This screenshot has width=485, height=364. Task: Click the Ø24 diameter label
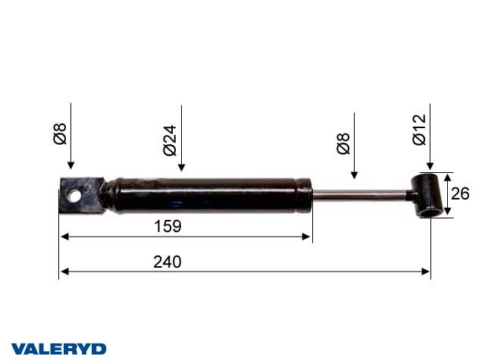(171, 140)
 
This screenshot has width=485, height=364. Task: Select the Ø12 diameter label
(419, 129)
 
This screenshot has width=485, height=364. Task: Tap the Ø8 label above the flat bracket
(61, 134)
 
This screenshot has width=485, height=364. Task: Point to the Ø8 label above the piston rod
(343, 143)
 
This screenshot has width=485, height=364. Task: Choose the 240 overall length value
(167, 262)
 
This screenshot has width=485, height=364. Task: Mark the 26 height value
(460, 194)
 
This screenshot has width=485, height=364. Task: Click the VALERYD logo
(59, 349)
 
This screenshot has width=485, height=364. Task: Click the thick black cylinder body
(208, 195)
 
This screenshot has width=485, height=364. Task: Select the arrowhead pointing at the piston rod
(353, 176)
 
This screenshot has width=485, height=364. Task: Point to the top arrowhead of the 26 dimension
(446, 177)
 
